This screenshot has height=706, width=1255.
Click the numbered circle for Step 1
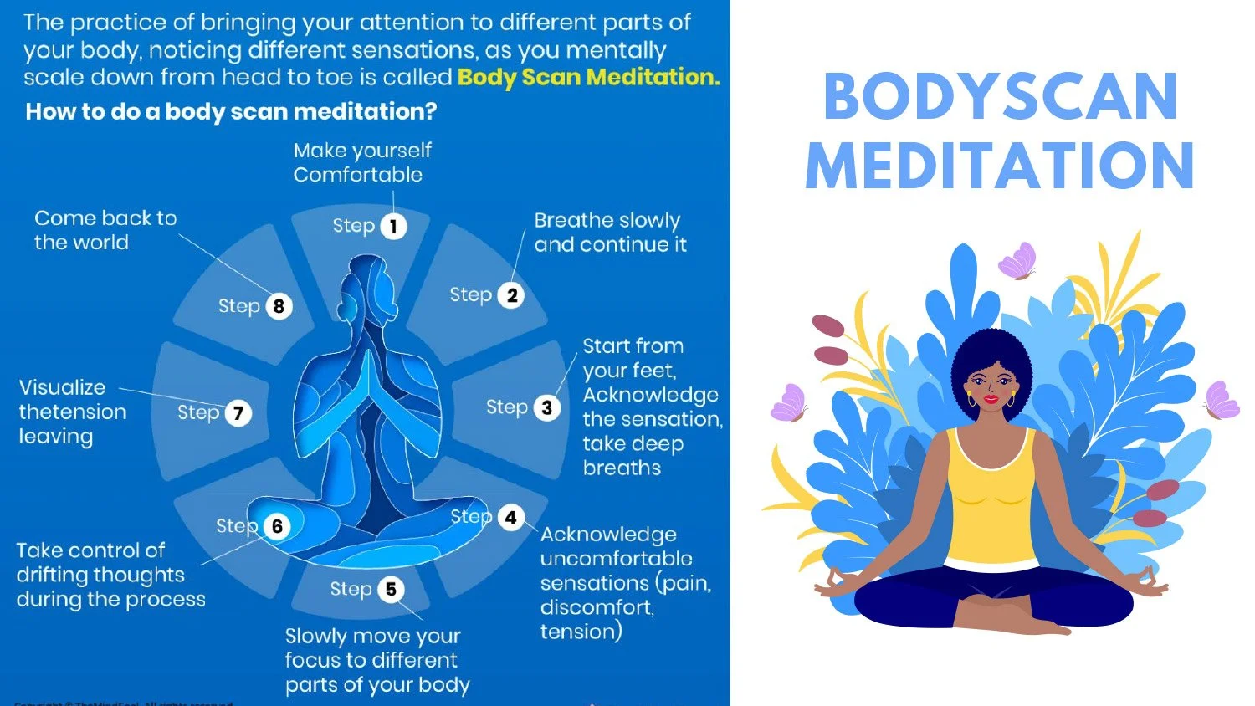pyautogui.click(x=393, y=226)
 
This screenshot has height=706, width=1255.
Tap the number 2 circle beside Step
pyautogui.click(x=511, y=295)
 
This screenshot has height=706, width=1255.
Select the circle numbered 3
pyautogui.click(x=546, y=407)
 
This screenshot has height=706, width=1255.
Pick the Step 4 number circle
pyautogui.click(x=510, y=518)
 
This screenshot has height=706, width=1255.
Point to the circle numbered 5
pyautogui.click(x=390, y=589)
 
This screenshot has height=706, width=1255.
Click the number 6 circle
pyautogui.click(x=277, y=526)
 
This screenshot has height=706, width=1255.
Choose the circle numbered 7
pyautogui.click(x=238, y=412)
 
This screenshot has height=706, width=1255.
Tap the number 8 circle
pyautogui.click(x=279, y=306)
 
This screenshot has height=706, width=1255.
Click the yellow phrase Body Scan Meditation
pyautogui.click(x=588, y=77)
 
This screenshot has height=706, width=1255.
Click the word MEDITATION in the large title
pyautogui.click(x=1000, y=165)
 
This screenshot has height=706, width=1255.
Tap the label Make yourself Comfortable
pyautogui.click(x=361, y=162)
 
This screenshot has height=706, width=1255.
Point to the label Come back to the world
pyautogui.click(x=105, y=230)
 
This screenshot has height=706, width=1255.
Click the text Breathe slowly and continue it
pyautogui.click(x=610, y=232)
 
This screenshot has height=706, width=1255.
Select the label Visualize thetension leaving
pyautogui.click(x=73, y=412)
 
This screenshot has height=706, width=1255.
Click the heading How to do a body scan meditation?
pyautogui.click(x=231, y=111)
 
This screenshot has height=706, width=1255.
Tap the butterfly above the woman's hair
pyautogui.click(x=1018, y=260)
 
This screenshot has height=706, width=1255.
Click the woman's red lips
pyautogui.click(x=991, y=398)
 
